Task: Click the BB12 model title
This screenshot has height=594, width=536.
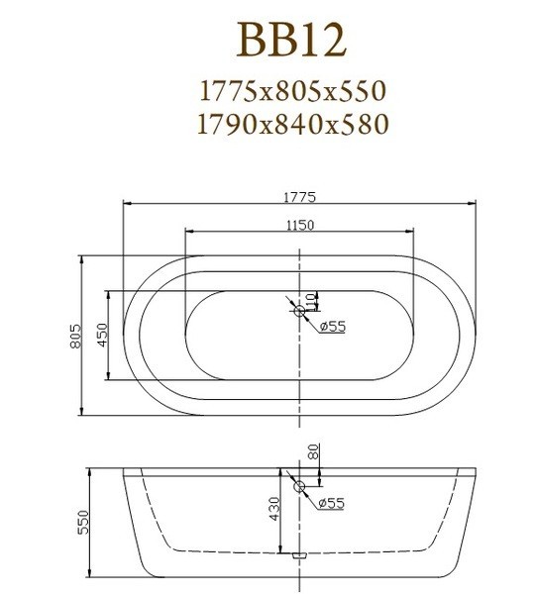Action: coord(291,40)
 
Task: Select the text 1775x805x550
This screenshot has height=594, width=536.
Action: coord(292,91)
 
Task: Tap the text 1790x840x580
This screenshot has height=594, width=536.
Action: coord(293,124)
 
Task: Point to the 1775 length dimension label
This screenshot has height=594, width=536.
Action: coord(299,197)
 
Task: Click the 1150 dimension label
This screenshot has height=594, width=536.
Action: coord(299,225)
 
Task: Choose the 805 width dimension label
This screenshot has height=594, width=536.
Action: coord(76,336)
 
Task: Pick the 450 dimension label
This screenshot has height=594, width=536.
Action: coord(102,335)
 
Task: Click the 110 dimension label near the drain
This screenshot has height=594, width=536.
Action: coord(311,302)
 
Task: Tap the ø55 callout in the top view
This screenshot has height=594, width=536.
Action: coord(333,326)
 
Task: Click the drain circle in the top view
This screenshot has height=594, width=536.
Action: coord(299,311)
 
